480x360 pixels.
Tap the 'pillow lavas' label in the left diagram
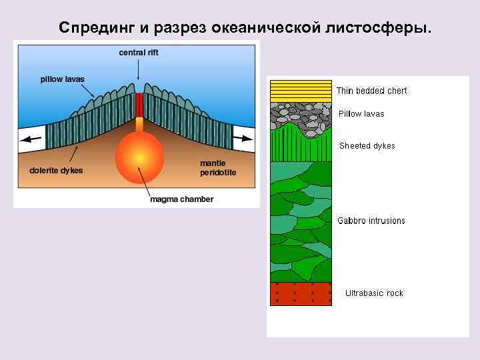pyautogui.click(x=63, y=79)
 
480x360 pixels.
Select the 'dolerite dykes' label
pyautogui.click(x=56, y=170)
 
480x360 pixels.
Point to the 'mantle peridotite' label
pyautogui.click(x=218, y=168)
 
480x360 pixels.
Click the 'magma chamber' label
pyautogui.click(x=181, y=199)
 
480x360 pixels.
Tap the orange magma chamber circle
pyautogui.click(x=139, y=156)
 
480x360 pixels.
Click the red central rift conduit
pyautogui.click(x=139, y=105)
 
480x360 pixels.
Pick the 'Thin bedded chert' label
pyautogui.click(x=371, y=91)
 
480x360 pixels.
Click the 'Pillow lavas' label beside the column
pyautogui.click(x=361, y=114)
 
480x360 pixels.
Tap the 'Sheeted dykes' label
pyautogui.click(x=367, y=146)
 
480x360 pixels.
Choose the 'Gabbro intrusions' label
pyautogui.click(x=371, y=221)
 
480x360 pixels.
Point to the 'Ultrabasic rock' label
pyautogui.click(x=374, y=293)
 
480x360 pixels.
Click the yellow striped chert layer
pyautogui.click(x=301, y=91)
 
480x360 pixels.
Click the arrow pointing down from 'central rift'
pyautogui.click(x=139, y=69)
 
